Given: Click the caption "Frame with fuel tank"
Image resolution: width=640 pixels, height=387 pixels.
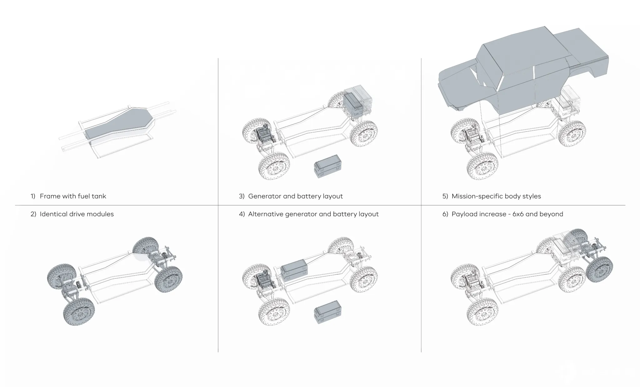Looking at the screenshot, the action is tap(73, 196).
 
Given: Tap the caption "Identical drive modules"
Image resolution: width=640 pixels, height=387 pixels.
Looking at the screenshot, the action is tap(77, 214).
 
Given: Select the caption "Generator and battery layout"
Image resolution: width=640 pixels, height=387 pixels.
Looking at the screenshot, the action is tap(295, 196).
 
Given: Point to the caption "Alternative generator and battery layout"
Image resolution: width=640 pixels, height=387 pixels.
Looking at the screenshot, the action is tap(313, 214).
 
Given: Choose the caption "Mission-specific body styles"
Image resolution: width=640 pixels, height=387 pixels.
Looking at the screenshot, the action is tap(496, 196).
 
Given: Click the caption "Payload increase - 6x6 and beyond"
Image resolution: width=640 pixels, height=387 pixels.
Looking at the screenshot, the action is tap(507, 214).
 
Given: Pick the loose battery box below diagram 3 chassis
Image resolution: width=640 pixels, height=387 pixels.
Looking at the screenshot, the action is tap(327, 166).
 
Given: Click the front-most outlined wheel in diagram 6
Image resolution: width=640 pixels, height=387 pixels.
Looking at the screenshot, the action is tap(482, 311).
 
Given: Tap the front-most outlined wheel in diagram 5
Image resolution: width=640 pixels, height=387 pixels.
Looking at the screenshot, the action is tap(482, 166).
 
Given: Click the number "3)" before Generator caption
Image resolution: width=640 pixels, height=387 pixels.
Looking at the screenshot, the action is tap(242, 196).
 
